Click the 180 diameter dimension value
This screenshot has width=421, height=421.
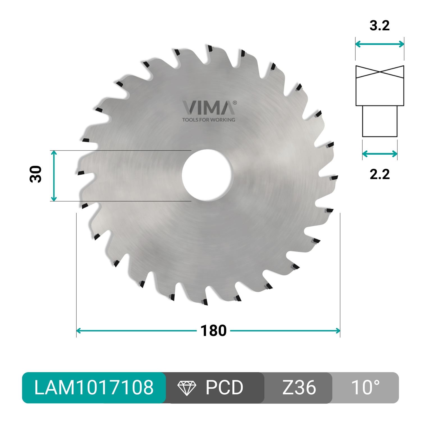[213, 331]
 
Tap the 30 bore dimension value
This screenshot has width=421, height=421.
[36, 174]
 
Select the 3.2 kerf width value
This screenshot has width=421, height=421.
[379, 26]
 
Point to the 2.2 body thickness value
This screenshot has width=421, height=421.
[380, 174]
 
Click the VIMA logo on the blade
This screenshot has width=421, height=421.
[209, 108]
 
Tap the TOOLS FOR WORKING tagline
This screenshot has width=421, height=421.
[209, 120]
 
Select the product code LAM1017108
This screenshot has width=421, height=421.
[94, 388]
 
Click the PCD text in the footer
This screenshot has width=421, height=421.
[224, 388]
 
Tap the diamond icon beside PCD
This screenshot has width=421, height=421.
[187, 388]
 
